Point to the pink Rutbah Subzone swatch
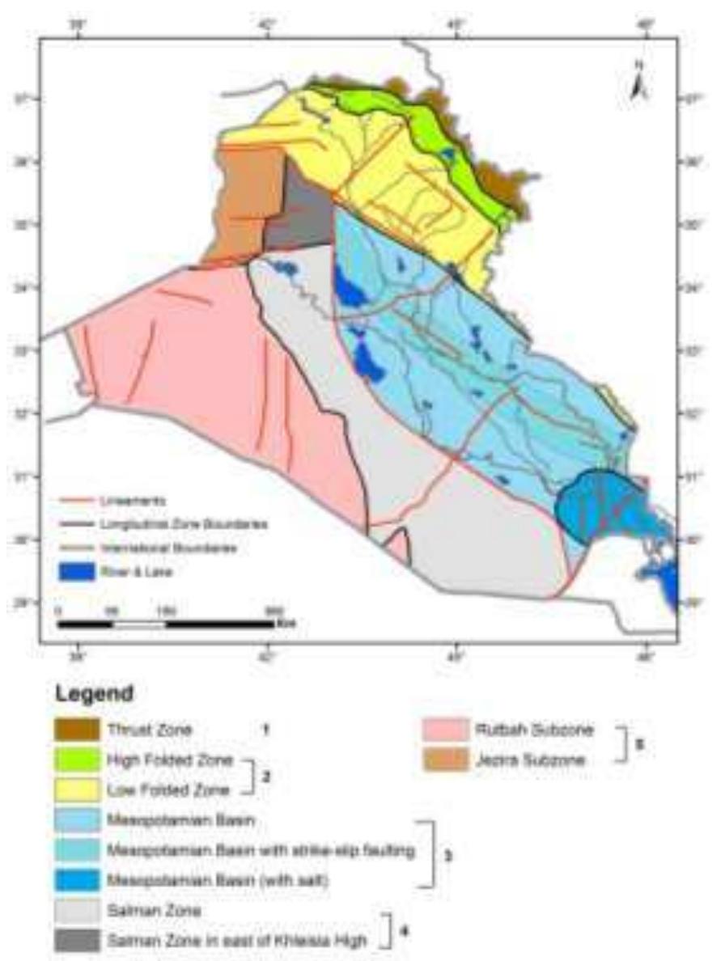pos(443,730)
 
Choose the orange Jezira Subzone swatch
pos(443,760)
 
